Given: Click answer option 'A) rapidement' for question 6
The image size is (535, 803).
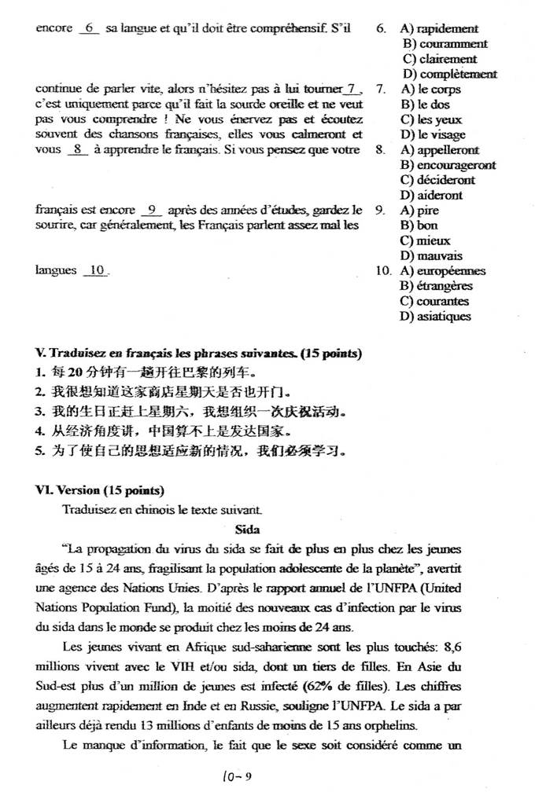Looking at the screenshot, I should [439, 29].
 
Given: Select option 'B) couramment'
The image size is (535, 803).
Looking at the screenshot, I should [445, 44].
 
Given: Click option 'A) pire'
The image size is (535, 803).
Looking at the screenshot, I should [419, 211].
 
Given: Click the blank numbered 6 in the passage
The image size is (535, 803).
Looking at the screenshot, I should [89, 28].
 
